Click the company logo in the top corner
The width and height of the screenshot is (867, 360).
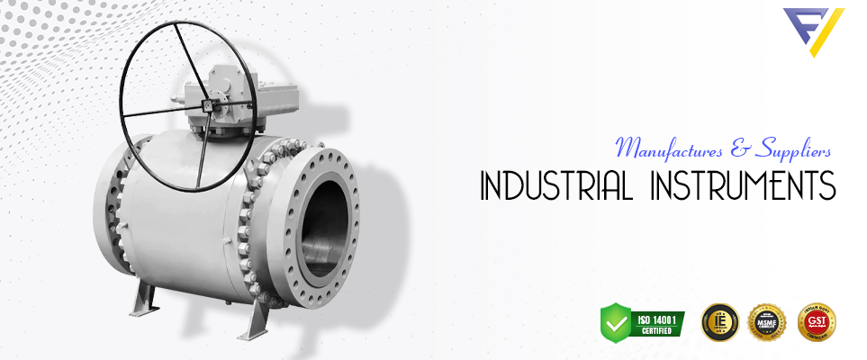coord(813,31)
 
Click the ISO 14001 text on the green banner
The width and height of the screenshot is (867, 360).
coord(658,317)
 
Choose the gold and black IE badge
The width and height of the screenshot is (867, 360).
coord(720,321)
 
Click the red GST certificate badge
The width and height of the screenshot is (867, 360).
coord(817,321)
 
